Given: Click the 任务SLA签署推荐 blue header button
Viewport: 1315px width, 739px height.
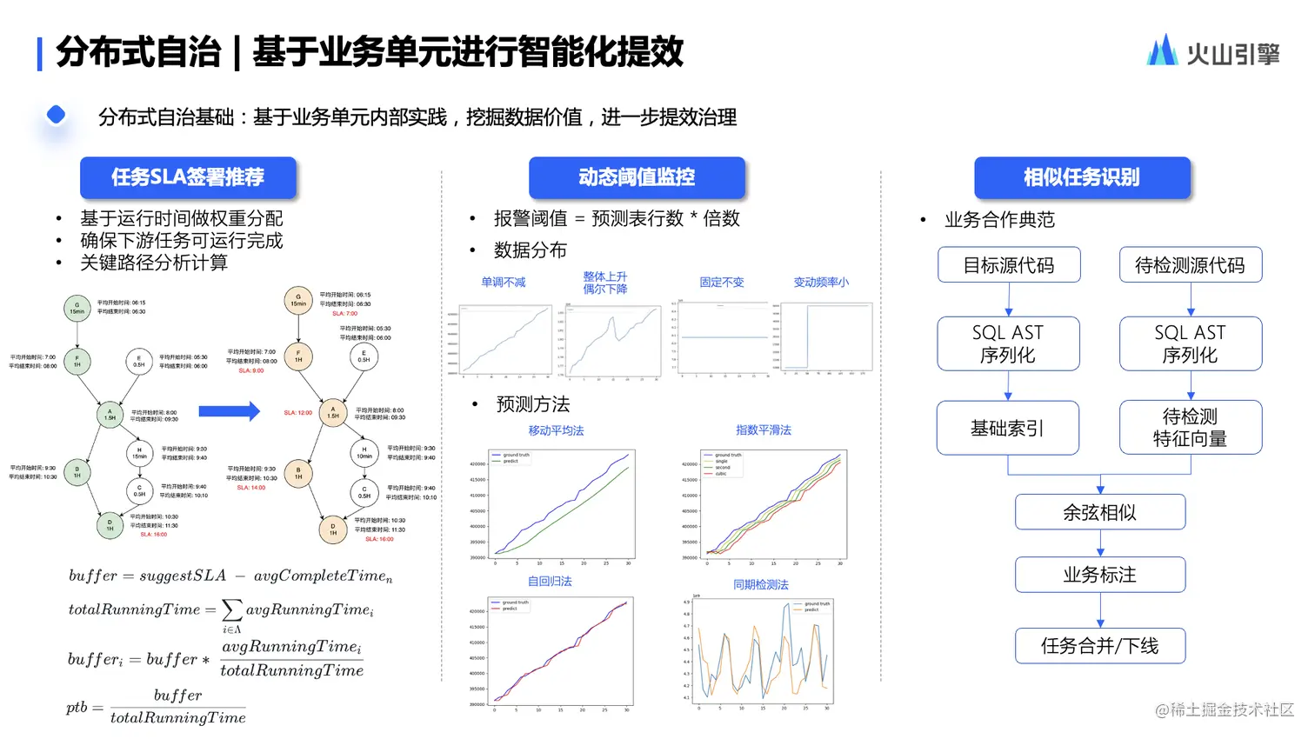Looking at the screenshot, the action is tap(188, 177).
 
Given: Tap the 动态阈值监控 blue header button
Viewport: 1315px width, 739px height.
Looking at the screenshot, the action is tap(637, 177).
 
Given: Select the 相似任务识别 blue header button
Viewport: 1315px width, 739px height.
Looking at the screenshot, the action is tap(1081, 177).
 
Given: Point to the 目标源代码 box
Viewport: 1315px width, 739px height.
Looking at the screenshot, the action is tap(1009, 265).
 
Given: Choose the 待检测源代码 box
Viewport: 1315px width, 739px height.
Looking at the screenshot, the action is tap(1190, 265).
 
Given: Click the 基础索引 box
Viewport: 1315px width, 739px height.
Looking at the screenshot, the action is tap(1007, 428).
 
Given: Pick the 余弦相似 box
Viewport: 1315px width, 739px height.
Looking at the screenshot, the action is tap(1099, 512).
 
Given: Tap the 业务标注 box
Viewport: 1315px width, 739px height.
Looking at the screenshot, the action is tap(1099, 575).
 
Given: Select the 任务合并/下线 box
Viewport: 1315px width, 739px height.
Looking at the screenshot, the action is tap(1099, 646).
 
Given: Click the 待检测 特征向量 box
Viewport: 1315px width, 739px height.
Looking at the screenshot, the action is tap(1190, 428).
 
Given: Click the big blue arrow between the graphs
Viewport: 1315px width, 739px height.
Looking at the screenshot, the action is tap(229, 411).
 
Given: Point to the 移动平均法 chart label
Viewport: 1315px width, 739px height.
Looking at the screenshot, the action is tap(556, 430).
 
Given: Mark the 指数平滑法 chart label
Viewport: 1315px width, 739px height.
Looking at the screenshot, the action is tap(763, 430).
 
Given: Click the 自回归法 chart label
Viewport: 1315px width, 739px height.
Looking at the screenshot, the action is tap(550, 582).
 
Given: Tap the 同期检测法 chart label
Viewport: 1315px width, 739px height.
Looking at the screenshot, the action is tap(760, 585).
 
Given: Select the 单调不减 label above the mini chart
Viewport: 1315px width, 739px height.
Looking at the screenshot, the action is tap(503, 283).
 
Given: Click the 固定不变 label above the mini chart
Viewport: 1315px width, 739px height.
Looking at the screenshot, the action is tap(722, 283).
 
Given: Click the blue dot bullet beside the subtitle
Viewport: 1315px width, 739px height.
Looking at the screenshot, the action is tap(56, 115).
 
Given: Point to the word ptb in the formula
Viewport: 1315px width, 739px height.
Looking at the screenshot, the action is tap(77, 708).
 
